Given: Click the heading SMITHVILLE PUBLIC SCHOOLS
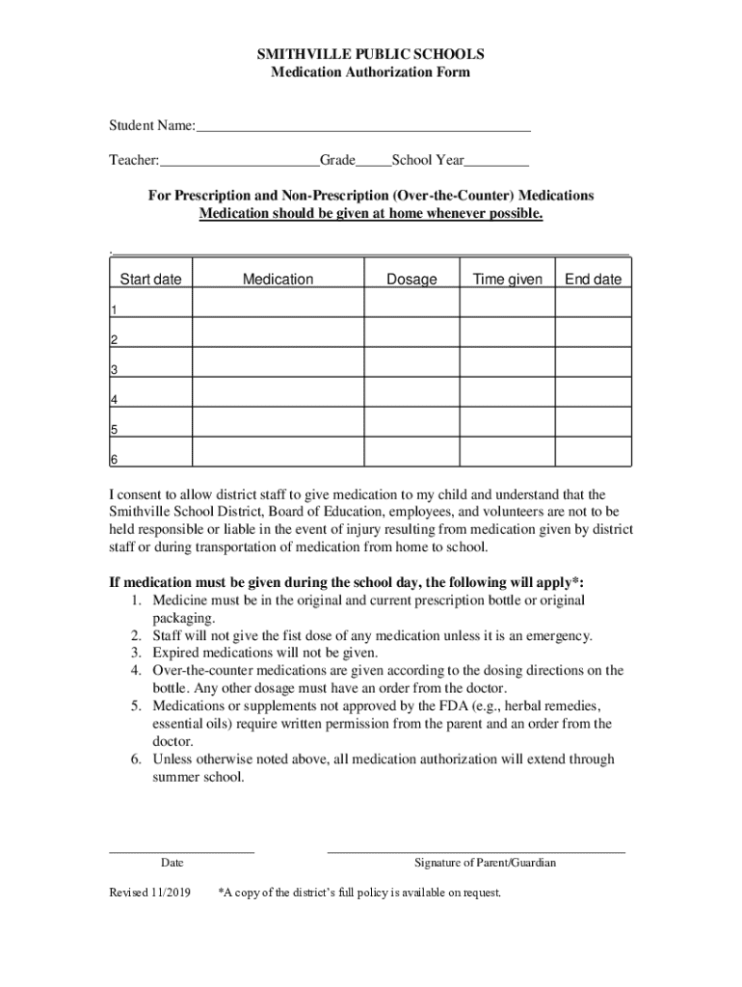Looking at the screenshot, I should click(370, 54).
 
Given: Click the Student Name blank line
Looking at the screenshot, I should click(363, 125).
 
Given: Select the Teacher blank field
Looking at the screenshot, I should click(240, 161).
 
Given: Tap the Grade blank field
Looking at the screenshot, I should click(374, 161).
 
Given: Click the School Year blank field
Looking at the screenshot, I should click(497, 161).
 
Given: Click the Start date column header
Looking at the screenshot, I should click(150, 280).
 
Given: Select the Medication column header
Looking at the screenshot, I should click(278, 280).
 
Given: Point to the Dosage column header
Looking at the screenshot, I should click(411, 280).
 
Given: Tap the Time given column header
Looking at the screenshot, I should click(507, 280).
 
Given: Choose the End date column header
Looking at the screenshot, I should click(593, 280).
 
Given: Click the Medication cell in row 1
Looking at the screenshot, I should click(278, 303).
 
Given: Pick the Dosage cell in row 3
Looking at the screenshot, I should click(411, 362).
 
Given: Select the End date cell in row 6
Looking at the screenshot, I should click(593, 452).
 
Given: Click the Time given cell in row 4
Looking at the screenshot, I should click(507, 392).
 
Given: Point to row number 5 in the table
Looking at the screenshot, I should click(115, 430).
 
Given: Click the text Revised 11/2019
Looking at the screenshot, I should click(150, 893).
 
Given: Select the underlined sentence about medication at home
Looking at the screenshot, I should click(370, 213).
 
